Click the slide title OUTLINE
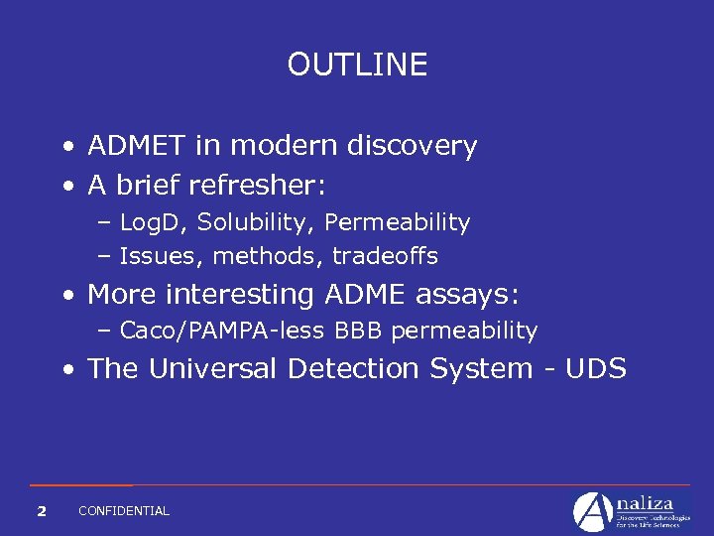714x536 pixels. [x=357, y=65]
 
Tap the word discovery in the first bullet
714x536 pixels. [x=412, y=146]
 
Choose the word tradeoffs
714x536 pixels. [x=385, y=256]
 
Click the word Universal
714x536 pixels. [x=215, y=368]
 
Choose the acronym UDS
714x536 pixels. [x=595, y=368]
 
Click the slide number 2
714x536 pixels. [x=41, y=511]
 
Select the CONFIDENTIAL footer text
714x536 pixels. [x=124, y=511]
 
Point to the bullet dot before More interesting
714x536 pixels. [x=66, y=296]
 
